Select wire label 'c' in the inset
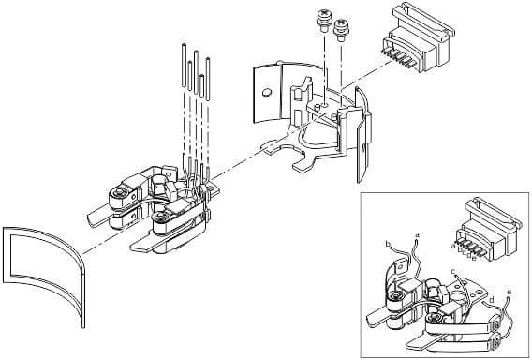[x=453, y=272]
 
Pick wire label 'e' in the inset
[x=509, y=292]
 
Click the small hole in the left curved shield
[x=268, y=92]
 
